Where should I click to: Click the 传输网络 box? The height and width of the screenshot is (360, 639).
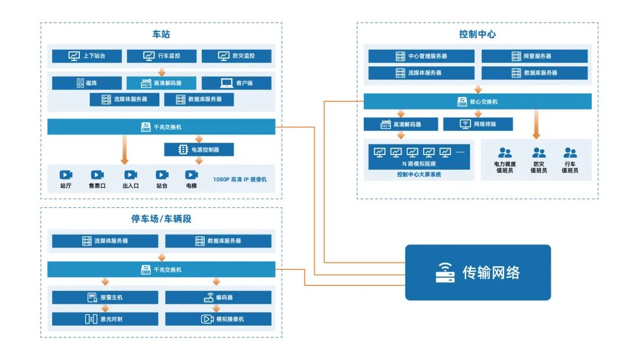[x=477, y=272]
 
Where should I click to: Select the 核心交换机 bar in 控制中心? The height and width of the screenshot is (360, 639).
[x=477, y=101]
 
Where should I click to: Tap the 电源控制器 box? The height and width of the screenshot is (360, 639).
[x=199, y=150]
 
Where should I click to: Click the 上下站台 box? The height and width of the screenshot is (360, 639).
[x=87, y=56]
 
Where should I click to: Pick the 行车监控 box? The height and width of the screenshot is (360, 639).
[x=162, y=56]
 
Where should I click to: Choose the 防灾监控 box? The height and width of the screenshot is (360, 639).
[x=237, y=56]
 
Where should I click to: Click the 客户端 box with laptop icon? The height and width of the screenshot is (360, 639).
[x=237, y=83]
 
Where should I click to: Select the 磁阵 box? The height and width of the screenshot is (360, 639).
[x=87, y=83]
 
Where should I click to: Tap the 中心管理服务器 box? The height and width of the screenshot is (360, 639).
[x=421, y=56]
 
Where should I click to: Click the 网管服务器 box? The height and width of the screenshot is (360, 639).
[x=534, y=56]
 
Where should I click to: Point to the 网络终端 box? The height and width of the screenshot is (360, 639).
[x=477, y=124]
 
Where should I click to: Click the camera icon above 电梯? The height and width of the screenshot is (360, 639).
[x=191, y=175]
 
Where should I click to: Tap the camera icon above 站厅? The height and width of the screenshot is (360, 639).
[x=66, y=175]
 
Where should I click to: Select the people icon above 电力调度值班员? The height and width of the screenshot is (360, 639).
[x=505, y=153]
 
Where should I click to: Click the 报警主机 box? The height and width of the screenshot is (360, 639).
[x=105, y=297]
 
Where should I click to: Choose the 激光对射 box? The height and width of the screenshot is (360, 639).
[x=105, y=319]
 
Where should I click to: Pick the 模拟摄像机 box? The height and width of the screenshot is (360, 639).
[x=218, y=319]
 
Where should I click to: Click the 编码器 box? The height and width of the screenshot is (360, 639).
[x=218, y=297]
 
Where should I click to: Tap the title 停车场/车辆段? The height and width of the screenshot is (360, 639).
[x=161, y=219]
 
